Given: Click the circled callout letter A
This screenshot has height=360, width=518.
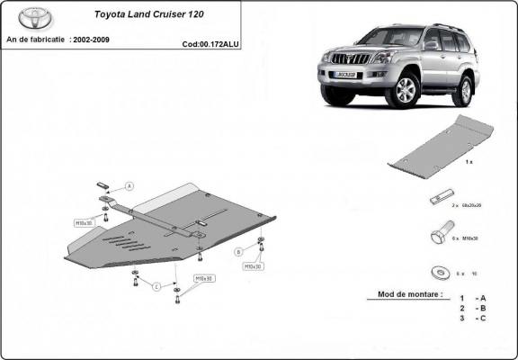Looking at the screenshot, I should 129,186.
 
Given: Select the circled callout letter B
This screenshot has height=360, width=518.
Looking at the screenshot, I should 239,251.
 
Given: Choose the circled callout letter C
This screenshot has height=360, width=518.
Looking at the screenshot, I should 156,287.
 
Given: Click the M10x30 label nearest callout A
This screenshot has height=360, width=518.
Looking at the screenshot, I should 85,220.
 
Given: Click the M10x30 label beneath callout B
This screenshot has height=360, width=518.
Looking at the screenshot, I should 252,266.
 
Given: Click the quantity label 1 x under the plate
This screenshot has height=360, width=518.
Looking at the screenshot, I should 469,163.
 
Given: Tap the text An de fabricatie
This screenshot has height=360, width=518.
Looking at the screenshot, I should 34,40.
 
